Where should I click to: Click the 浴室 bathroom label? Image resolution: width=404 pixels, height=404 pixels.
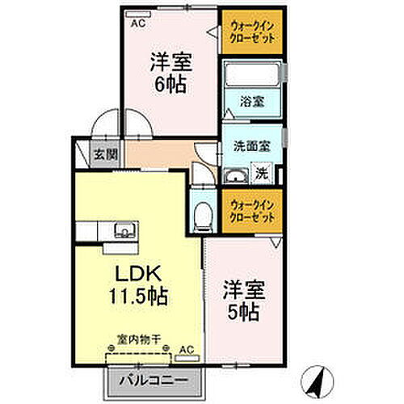pos(250,102)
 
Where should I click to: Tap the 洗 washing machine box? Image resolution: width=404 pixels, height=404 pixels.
pos(262,171)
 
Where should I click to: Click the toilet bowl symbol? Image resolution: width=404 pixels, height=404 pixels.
pos(204,216)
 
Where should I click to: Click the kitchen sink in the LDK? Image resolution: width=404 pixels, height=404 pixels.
pos(124,230)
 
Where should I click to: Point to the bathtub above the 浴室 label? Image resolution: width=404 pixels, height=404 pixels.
pos(251,76)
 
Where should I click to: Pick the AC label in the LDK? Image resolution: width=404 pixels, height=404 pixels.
pos(186,349)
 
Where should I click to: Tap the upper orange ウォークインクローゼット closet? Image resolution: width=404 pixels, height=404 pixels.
pos(251,32)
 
